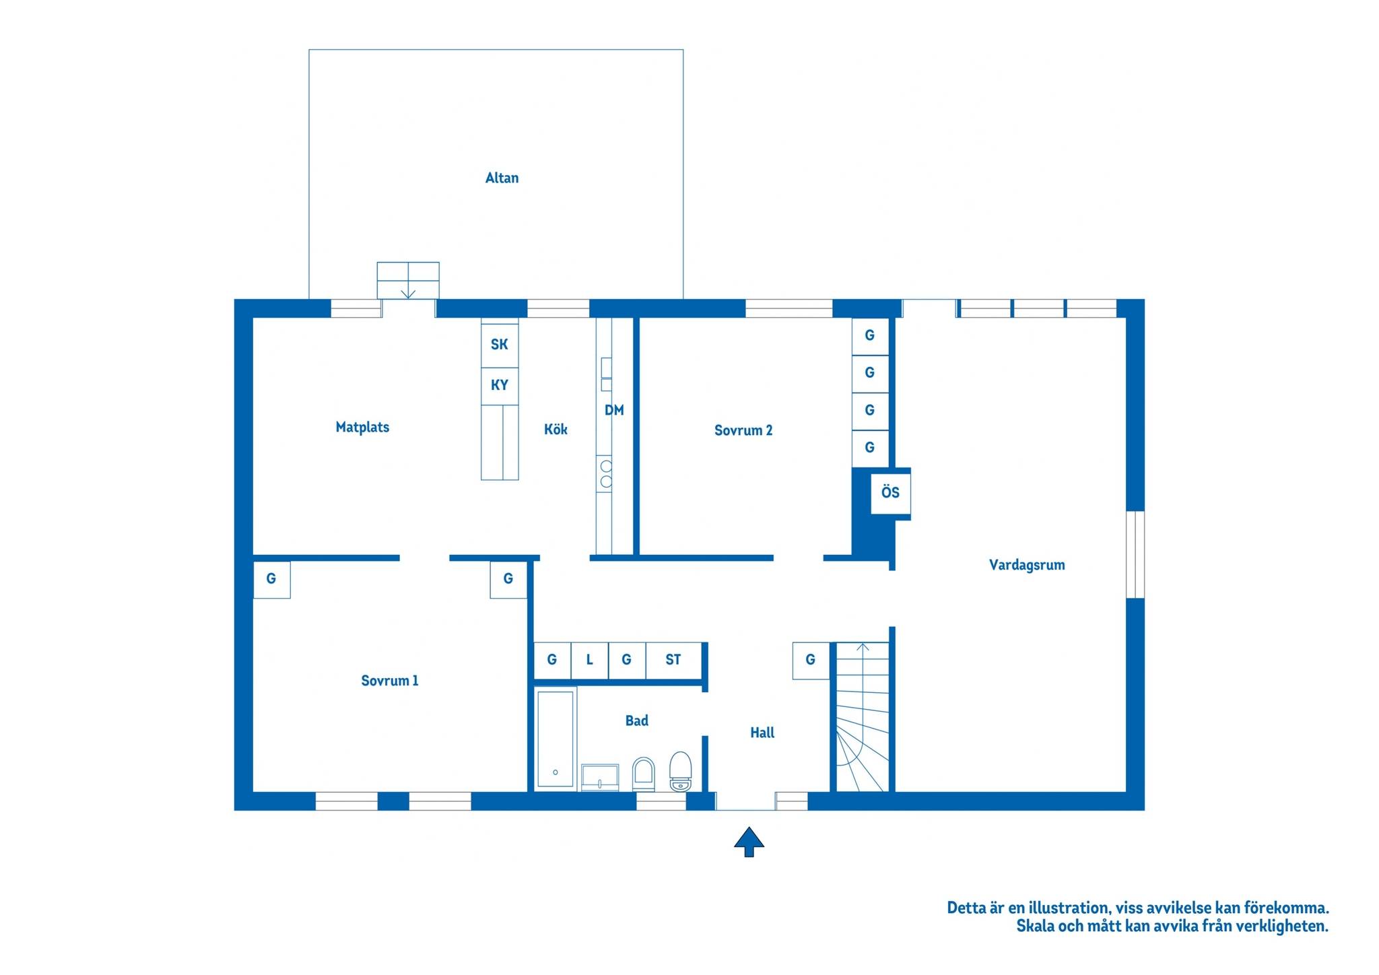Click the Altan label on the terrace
coord(502,178)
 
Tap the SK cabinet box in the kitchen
coord(500,344)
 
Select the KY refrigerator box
coord(500,386)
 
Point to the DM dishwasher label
coord(614,410)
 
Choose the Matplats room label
coord(362,427)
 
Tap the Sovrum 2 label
coord(743,430)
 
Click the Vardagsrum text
coord(1027,565)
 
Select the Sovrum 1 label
coord(390,681)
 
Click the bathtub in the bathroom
coord(556,738)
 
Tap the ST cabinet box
coord(673,660)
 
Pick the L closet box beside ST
coord(589,660)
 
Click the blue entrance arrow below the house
coord(749,842)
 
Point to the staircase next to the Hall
coord(863,717)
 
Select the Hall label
coord(762,733)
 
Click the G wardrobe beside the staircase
coord(811,660)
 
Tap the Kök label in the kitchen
coord(556,430)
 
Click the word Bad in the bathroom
coord(636,720)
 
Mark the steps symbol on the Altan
coord(408,281)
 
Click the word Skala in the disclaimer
coord(1035,926)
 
